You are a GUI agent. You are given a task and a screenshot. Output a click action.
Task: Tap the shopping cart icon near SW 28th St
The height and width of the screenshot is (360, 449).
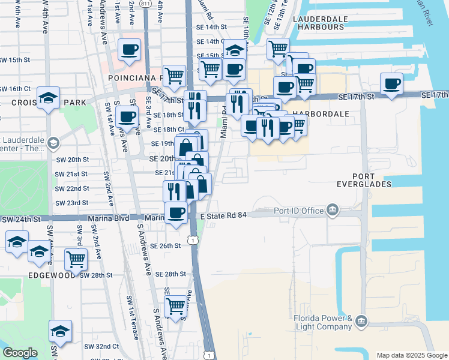point(76,259)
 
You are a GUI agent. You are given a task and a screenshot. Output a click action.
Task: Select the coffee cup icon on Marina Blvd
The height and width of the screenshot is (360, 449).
point(176,212)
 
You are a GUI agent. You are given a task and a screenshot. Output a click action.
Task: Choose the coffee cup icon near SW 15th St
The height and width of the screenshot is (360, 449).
point(129,49)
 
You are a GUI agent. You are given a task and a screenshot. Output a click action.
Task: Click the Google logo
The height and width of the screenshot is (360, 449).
point(20,352)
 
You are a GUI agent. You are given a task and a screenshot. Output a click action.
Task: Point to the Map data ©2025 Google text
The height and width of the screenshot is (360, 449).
point(411,355)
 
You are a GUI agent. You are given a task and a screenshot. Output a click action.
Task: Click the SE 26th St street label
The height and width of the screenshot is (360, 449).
point(165,246)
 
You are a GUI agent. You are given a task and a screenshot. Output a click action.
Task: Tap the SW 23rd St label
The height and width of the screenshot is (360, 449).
point(72,203)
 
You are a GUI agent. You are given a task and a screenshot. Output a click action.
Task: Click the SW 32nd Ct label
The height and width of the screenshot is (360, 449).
point(101,346)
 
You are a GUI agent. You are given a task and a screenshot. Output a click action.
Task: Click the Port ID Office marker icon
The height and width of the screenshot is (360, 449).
point(332,209)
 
